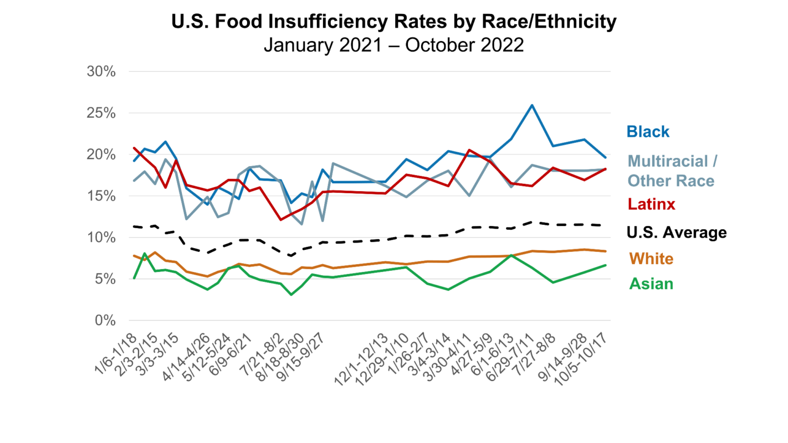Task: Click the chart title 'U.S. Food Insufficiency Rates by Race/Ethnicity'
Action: click(x=393, y=22)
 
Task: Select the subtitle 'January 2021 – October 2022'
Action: click(x=393, y=44)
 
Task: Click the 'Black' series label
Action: click(x=648, y=132)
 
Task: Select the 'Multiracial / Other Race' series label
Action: click(x=673, y=171)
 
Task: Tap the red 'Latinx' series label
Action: click(x=651, y=204)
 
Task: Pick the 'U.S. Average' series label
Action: click(x=676, y=233)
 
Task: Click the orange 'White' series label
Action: click(x=651, y=259)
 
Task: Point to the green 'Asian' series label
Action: click(x=651, y=284)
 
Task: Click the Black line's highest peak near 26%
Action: click(x=532, y=105)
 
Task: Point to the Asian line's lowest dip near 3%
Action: click(x=291, y=295)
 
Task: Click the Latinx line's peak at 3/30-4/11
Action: click(x=469, y=150)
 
